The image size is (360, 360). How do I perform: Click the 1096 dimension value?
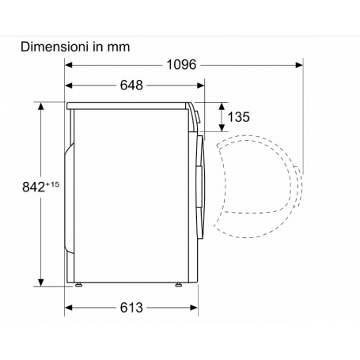pos(181,65)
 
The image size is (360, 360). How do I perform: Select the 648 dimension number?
pos(131,85)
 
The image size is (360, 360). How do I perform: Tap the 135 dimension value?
pos(238,117)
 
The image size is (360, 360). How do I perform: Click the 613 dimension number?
pos(131,308)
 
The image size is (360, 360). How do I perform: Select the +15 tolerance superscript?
pos(52,184)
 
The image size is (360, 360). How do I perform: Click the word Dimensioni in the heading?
pos(54,47)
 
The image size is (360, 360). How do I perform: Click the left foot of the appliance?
pos(78,285)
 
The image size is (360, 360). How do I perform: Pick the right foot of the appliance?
pos(179,285)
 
